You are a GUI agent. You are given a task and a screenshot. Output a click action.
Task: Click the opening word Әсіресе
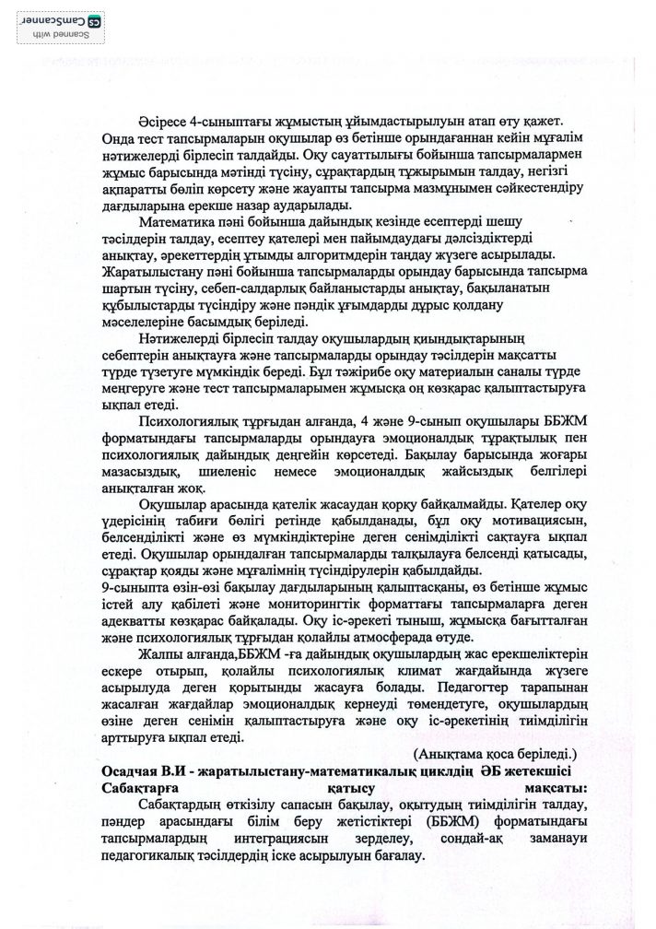coord(162,123)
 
